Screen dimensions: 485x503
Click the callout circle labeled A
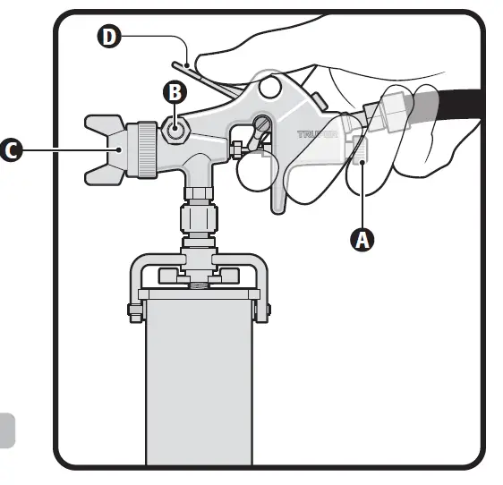tap(362, 240)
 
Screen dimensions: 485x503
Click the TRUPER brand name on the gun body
tap(318, 135)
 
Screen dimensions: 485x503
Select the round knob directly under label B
tap(175, 129)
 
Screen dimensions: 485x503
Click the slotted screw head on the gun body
tap(264, 124)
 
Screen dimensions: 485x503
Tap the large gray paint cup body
tap(199, 385)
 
